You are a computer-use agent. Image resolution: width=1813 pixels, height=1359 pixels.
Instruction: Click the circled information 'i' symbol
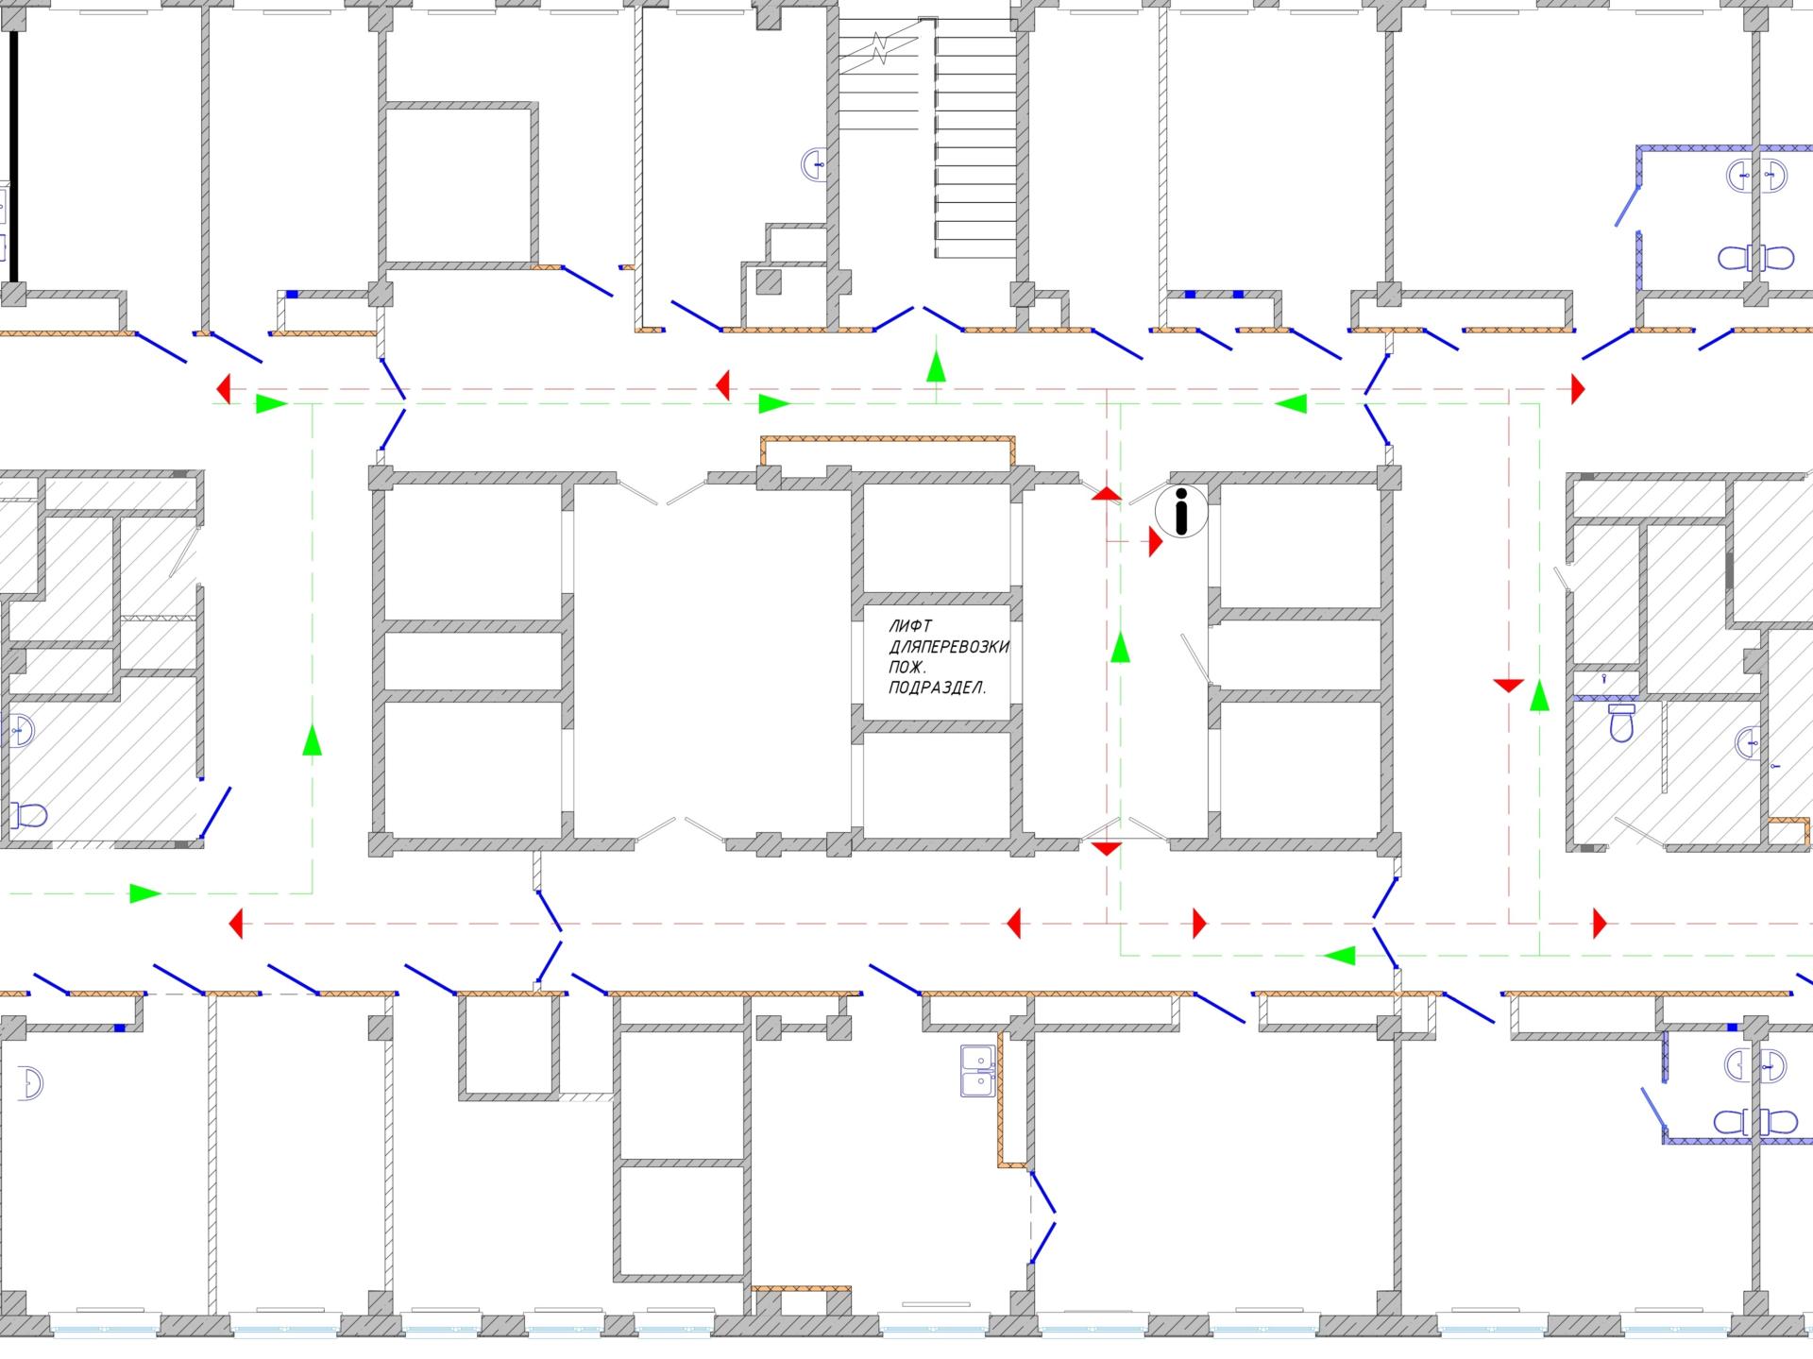tap(1181, 512)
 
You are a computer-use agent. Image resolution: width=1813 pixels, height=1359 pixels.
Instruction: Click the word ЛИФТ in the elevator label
tap(909, 626)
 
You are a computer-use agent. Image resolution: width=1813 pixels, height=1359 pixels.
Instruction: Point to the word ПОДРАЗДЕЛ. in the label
tap(938, 688)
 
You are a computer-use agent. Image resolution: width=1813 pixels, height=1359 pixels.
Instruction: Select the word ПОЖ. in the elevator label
tap(907, 668)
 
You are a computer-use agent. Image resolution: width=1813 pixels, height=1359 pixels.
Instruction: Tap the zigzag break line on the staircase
tap(879, 48)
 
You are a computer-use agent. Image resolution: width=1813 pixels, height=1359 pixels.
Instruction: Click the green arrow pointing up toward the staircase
tap(936, 365)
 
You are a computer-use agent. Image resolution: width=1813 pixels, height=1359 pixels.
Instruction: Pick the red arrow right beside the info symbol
tap(1156, 541)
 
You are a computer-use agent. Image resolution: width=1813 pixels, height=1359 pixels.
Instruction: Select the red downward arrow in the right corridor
tap(1509, 685)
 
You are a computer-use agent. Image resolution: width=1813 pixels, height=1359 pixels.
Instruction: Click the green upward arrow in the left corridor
tap(312, 739)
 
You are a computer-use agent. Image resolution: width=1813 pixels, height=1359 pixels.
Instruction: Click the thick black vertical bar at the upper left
tap(14, 157)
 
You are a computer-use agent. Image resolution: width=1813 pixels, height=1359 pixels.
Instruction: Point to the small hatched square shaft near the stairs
tap(770, 280)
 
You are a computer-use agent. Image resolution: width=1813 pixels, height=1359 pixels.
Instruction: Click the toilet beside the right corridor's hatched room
tap(1622, 722)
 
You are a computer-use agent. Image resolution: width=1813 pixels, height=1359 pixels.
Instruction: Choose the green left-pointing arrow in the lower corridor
tap(1339, 956)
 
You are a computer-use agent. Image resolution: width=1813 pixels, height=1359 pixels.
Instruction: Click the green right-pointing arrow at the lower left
tap(145, 892)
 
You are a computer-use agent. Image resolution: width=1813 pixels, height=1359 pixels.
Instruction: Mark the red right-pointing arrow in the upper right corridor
tap(1577, 388)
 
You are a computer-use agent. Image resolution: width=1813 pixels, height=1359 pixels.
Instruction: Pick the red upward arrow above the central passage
tap(1107, 493)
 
